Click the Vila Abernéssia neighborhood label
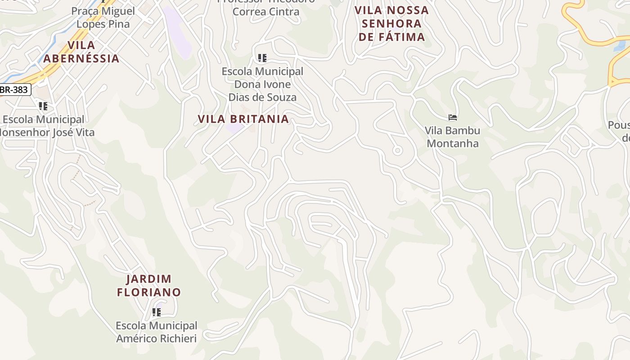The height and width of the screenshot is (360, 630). coord(81,52)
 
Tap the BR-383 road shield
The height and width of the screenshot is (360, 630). coord(14,90)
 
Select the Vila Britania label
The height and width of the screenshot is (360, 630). coord(243,119)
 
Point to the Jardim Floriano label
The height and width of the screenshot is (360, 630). coord(149,286)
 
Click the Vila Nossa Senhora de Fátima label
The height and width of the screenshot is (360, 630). coord(391,23)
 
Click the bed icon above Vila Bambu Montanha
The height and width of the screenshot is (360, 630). coord(453,117)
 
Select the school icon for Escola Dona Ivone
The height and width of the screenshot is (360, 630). coord(262,58)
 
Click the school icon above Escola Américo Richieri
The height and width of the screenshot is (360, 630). coord(157,312)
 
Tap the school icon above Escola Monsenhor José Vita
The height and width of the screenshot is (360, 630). coord(43,106)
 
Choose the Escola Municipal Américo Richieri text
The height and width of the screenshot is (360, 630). coord(157,332)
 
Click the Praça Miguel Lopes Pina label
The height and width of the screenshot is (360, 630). coord(103,18)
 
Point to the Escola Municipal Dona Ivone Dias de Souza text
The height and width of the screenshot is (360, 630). coord(262,84)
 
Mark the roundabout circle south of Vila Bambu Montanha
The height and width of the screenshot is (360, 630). coord(397,151)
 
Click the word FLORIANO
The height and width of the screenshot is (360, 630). coord(149,292)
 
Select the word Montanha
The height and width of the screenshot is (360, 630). coord(453,144)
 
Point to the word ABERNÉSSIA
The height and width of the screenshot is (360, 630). coord(81,58)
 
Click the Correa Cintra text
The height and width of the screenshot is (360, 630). coord(265,12)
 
